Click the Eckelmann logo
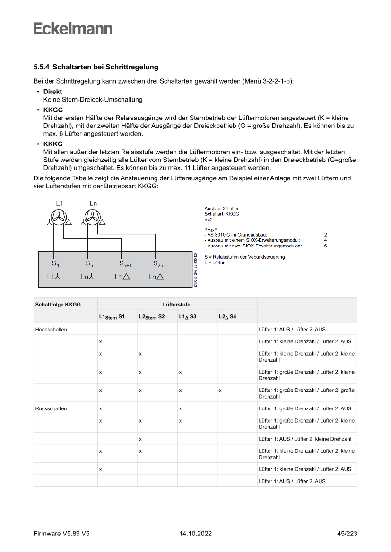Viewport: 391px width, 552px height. [x=73, y=28]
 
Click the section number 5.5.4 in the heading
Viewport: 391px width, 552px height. [x=42, y=68]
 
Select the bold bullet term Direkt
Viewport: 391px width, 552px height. [x=52, y=92]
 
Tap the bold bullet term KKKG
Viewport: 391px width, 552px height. [x=53, y=144]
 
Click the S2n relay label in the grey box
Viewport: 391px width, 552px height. [x=158, y=263]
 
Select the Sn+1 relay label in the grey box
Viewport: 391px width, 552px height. [x=125, y=263]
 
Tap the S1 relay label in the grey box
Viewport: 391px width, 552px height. [x=55, y=263]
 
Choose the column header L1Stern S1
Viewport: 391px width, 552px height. [x=112, y=316]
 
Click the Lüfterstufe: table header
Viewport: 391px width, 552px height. [x=177, y=305]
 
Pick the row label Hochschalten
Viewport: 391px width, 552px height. [x=51, y=330]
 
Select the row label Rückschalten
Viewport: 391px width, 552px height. [x=51, y=408]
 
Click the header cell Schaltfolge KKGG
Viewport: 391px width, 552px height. [x=58, y=305]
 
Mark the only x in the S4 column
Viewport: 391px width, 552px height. [x=220, y=391]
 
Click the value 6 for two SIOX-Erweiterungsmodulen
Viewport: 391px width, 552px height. [x=325, y=246]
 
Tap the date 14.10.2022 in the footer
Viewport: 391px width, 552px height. [x=195, y=534]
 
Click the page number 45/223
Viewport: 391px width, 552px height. [x=347, y=534]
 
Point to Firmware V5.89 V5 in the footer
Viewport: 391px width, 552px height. [x=61, y=534]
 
